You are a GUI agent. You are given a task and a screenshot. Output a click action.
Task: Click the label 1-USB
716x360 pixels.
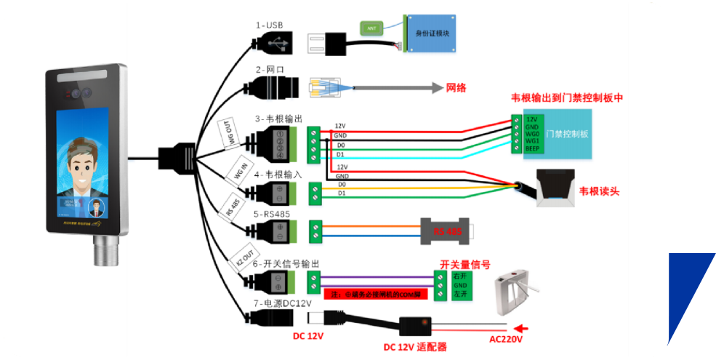click(x=268, y=25)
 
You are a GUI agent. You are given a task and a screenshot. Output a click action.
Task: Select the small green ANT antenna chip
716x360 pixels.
click(x=371, y=28)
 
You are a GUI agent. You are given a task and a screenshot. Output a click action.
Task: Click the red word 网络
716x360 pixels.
click(x=456, y=87)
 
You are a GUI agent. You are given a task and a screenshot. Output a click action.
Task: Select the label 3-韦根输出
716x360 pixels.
click(x=278, y=119)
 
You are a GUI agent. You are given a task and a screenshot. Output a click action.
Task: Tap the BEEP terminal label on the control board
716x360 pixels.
click(x=532, y=148)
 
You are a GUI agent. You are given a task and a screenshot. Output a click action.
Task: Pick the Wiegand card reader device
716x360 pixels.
click(x=555, y=188)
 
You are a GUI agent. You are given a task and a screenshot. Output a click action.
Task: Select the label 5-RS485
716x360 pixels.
click(x=273, y=215)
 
